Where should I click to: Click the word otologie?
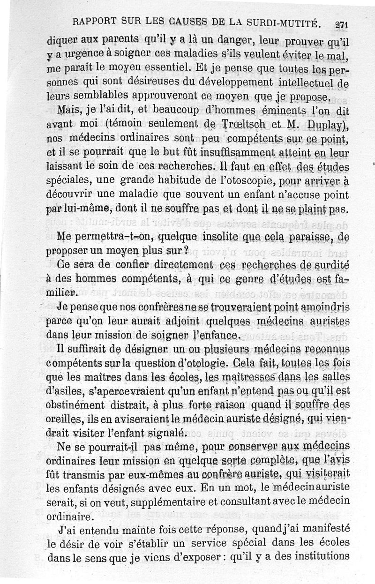point(231,363)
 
